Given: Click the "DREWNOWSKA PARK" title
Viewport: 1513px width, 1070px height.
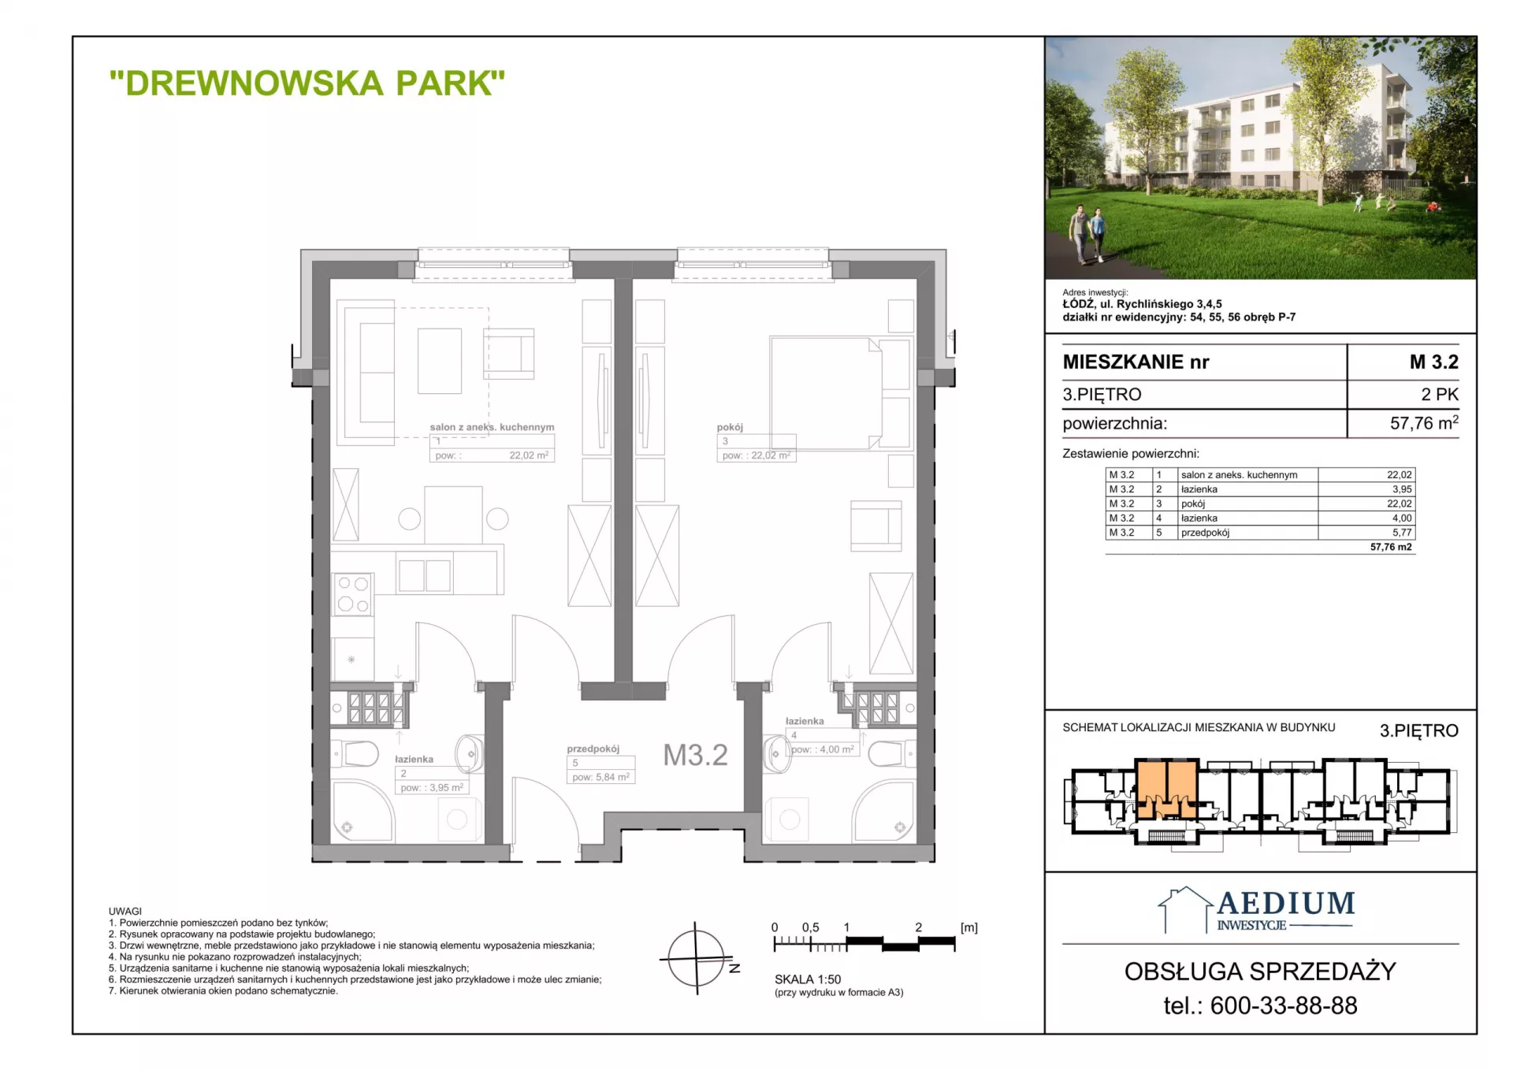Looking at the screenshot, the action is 307,83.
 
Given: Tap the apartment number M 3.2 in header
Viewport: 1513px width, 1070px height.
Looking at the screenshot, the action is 1434,362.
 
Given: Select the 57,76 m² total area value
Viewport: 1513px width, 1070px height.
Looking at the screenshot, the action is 1424,423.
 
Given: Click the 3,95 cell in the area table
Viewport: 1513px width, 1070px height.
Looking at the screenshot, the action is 1402,489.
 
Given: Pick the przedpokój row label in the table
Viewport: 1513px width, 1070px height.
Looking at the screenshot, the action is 1205,533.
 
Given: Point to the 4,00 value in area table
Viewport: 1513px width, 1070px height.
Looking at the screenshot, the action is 1402,518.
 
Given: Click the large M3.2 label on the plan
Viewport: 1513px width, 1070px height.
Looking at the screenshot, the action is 695,755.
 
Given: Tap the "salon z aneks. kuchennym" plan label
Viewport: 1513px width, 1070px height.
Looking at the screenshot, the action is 492,427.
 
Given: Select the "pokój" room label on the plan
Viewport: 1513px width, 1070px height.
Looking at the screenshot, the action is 730,427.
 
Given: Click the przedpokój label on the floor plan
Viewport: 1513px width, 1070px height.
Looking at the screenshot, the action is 593,749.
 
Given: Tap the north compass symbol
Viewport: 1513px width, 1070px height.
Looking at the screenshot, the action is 697,959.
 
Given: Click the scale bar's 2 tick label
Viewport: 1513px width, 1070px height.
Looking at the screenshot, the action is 918,927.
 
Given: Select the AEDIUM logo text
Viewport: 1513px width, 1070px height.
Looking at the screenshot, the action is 1286,903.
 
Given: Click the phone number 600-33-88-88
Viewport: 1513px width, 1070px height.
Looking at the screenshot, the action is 1284,1005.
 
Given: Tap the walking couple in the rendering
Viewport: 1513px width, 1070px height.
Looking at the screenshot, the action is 1087,233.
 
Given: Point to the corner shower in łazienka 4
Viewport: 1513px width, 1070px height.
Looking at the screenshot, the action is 883,811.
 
